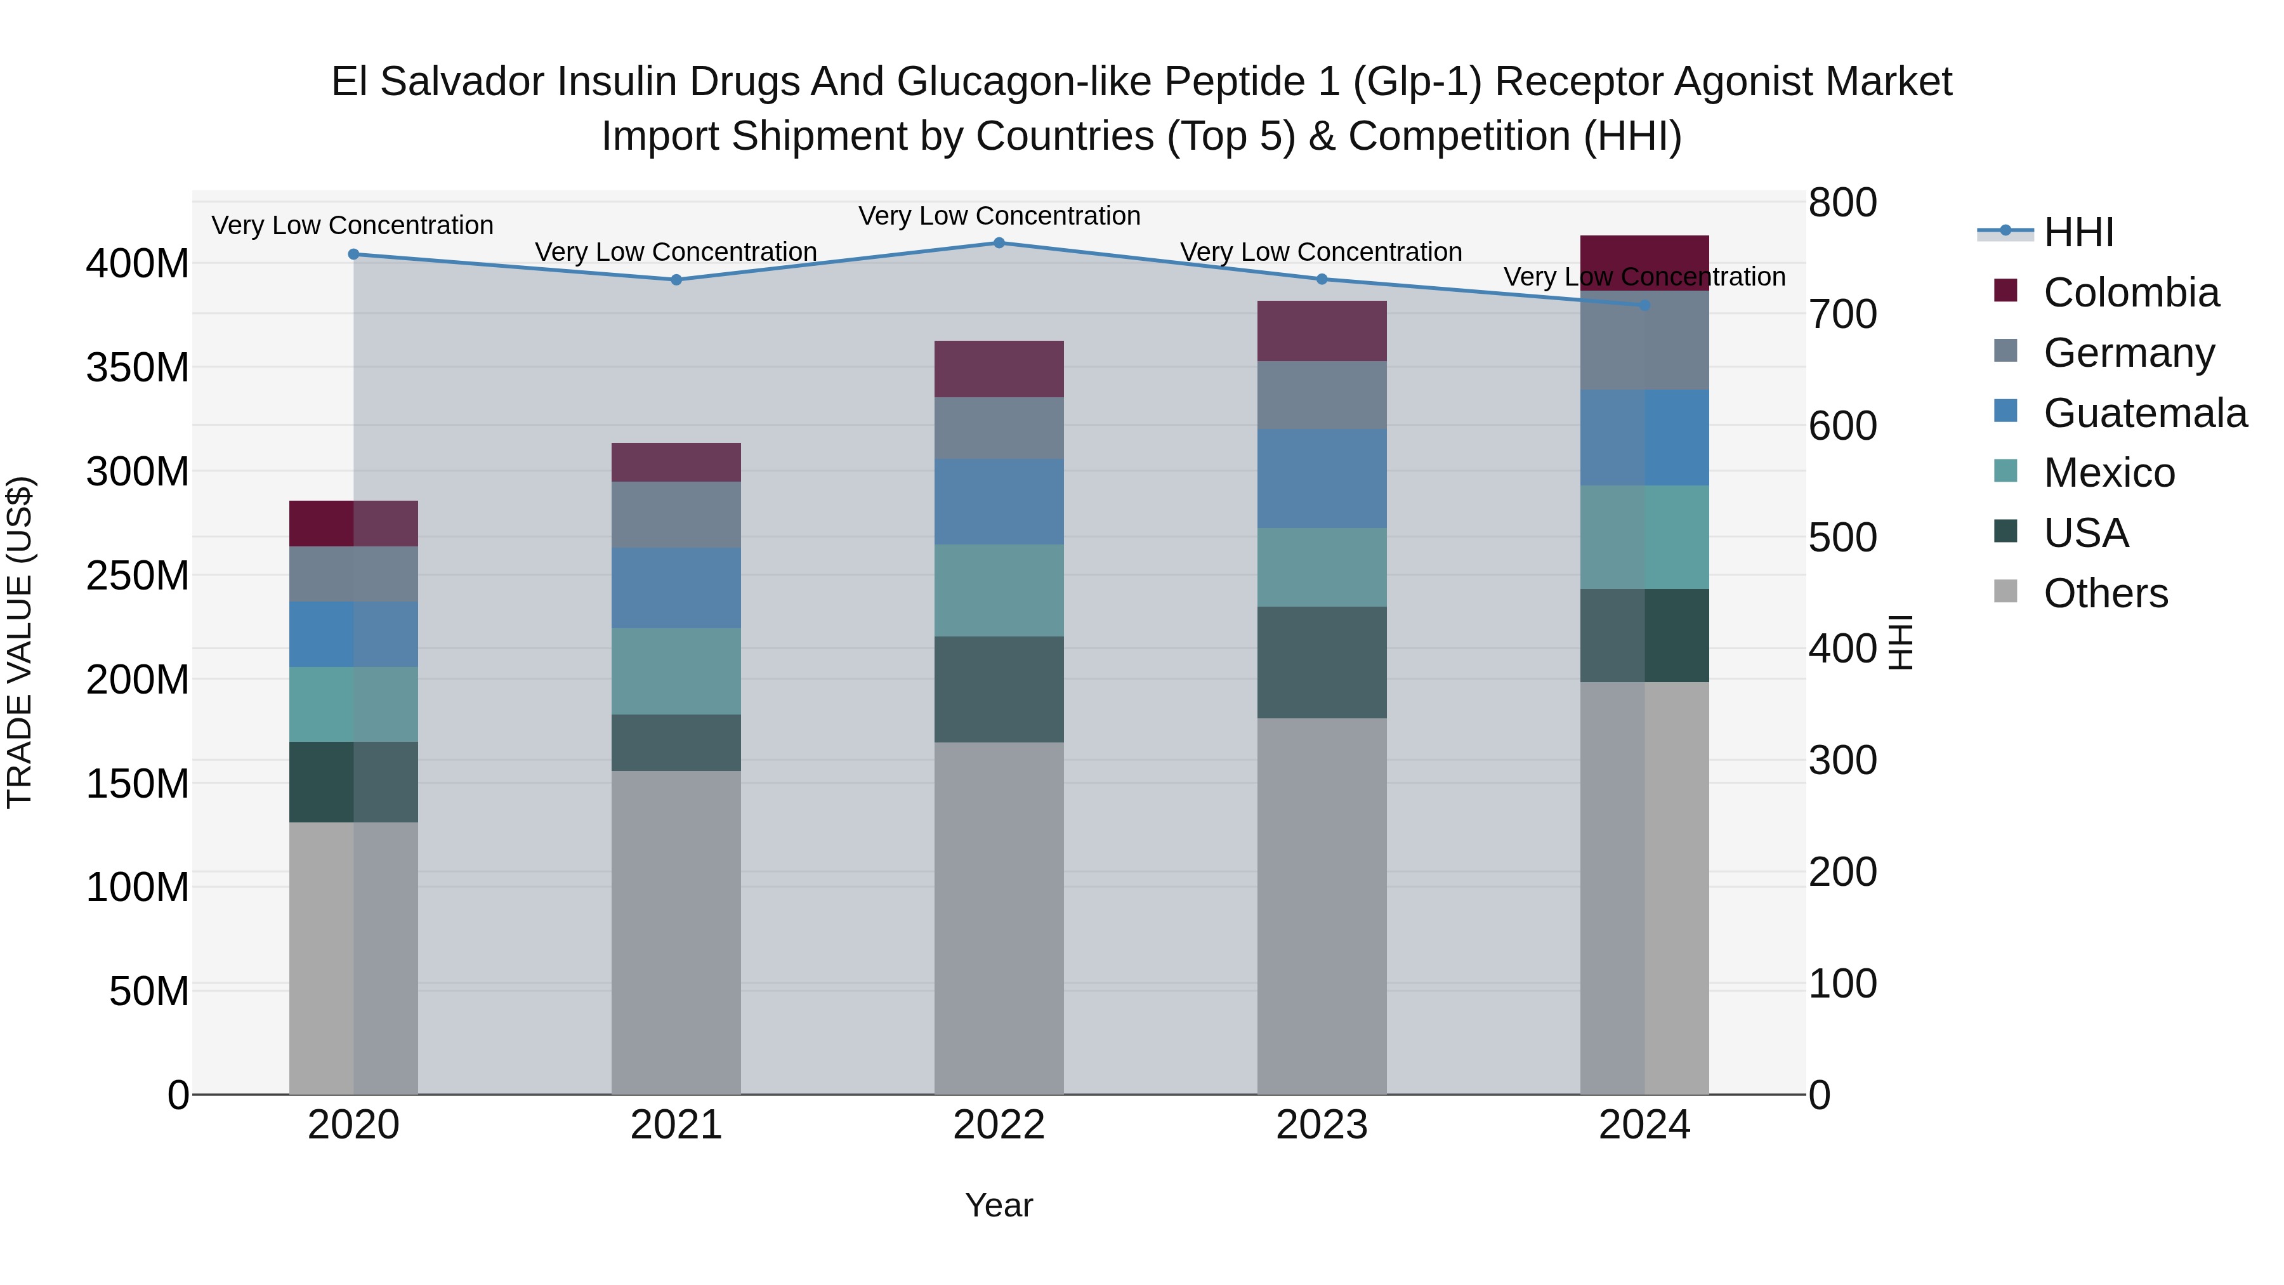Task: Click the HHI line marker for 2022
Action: coord(999,243)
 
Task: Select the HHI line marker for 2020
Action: coord(354,254)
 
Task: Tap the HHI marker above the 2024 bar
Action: coord(1644,305)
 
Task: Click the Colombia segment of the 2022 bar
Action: coord(999,369)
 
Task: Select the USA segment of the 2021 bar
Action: coord(676,742)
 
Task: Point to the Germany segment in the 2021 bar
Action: coord(676,515)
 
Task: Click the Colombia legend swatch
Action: coord(2005,291)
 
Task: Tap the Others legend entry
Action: coord(2105,593)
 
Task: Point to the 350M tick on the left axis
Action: coord(138,368)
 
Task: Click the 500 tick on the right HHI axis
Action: coord(1842,537)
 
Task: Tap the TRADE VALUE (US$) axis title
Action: coord(20,642)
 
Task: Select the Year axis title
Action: coord(999,1205)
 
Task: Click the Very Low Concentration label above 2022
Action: coord(999,216)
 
